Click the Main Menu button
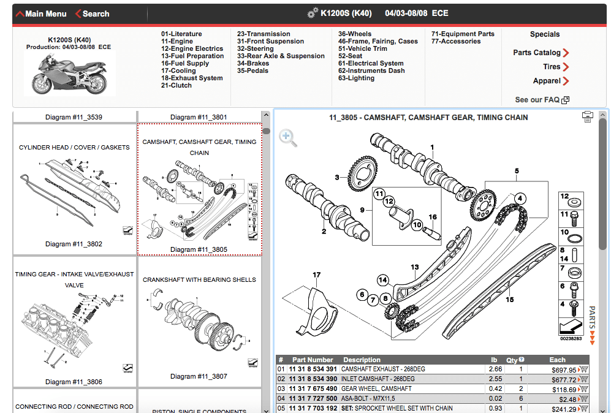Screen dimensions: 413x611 41,13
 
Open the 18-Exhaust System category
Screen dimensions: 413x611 192,78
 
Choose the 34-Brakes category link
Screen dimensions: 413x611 253,63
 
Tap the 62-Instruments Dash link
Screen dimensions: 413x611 371,70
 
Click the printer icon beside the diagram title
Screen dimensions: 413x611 588,117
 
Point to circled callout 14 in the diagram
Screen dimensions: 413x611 383,280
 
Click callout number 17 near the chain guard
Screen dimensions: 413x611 317,275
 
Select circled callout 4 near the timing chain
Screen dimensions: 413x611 520,199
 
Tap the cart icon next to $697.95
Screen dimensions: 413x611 583,369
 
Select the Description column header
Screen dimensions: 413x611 362,360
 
